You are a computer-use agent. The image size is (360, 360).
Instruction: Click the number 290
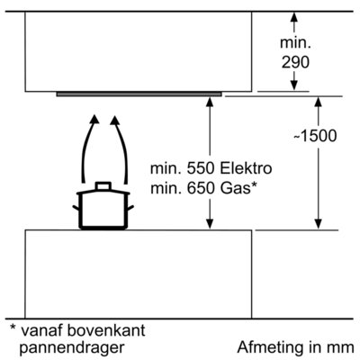295,63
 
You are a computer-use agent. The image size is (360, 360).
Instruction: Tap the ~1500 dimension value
315,136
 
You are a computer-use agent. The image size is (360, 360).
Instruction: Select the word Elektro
246,168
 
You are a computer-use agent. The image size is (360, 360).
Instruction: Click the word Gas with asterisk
238,188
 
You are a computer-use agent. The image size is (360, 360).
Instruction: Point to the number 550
201,168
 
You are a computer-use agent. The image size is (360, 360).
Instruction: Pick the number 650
201,189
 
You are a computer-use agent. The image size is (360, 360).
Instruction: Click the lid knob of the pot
103,186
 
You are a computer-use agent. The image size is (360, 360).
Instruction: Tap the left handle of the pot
76,208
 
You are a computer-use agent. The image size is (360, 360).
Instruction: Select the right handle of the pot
130,208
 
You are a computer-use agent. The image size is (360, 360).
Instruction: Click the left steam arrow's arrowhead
94,119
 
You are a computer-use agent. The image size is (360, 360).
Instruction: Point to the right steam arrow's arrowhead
115,120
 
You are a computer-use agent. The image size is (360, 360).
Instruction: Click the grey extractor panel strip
139,94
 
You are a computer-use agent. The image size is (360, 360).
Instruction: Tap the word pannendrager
72,348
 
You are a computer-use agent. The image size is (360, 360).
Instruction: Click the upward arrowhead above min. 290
294,17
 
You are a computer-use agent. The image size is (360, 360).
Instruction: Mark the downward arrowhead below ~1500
318,224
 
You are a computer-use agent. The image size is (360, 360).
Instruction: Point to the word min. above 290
295,43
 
